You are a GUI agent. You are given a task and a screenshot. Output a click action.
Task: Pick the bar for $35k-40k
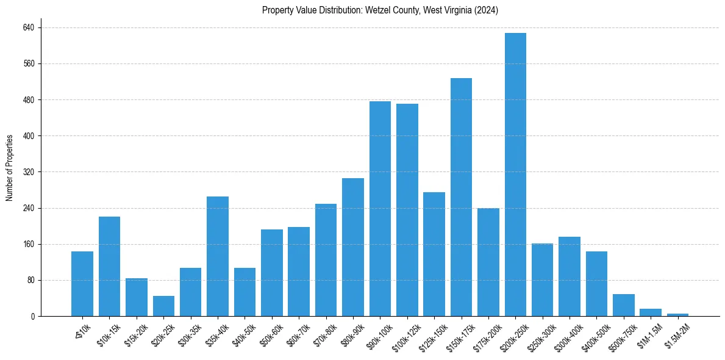tap(218, 256)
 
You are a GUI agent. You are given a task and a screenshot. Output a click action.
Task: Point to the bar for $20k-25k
tap(163, 306)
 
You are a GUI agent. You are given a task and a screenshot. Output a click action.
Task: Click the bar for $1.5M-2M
tap(677, 315)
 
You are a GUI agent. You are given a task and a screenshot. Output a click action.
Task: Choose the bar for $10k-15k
tap(109, 267)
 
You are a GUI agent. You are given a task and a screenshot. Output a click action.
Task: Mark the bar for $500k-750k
tap(623, 305)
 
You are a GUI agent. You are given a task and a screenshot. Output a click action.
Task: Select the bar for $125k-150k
tap(434, 254)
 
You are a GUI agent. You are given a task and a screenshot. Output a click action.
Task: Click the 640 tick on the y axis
tap(29, 27)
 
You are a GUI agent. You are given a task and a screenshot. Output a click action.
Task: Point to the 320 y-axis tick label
tap(29, 172)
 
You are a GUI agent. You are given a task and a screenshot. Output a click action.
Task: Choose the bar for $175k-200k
tap(488, 262)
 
